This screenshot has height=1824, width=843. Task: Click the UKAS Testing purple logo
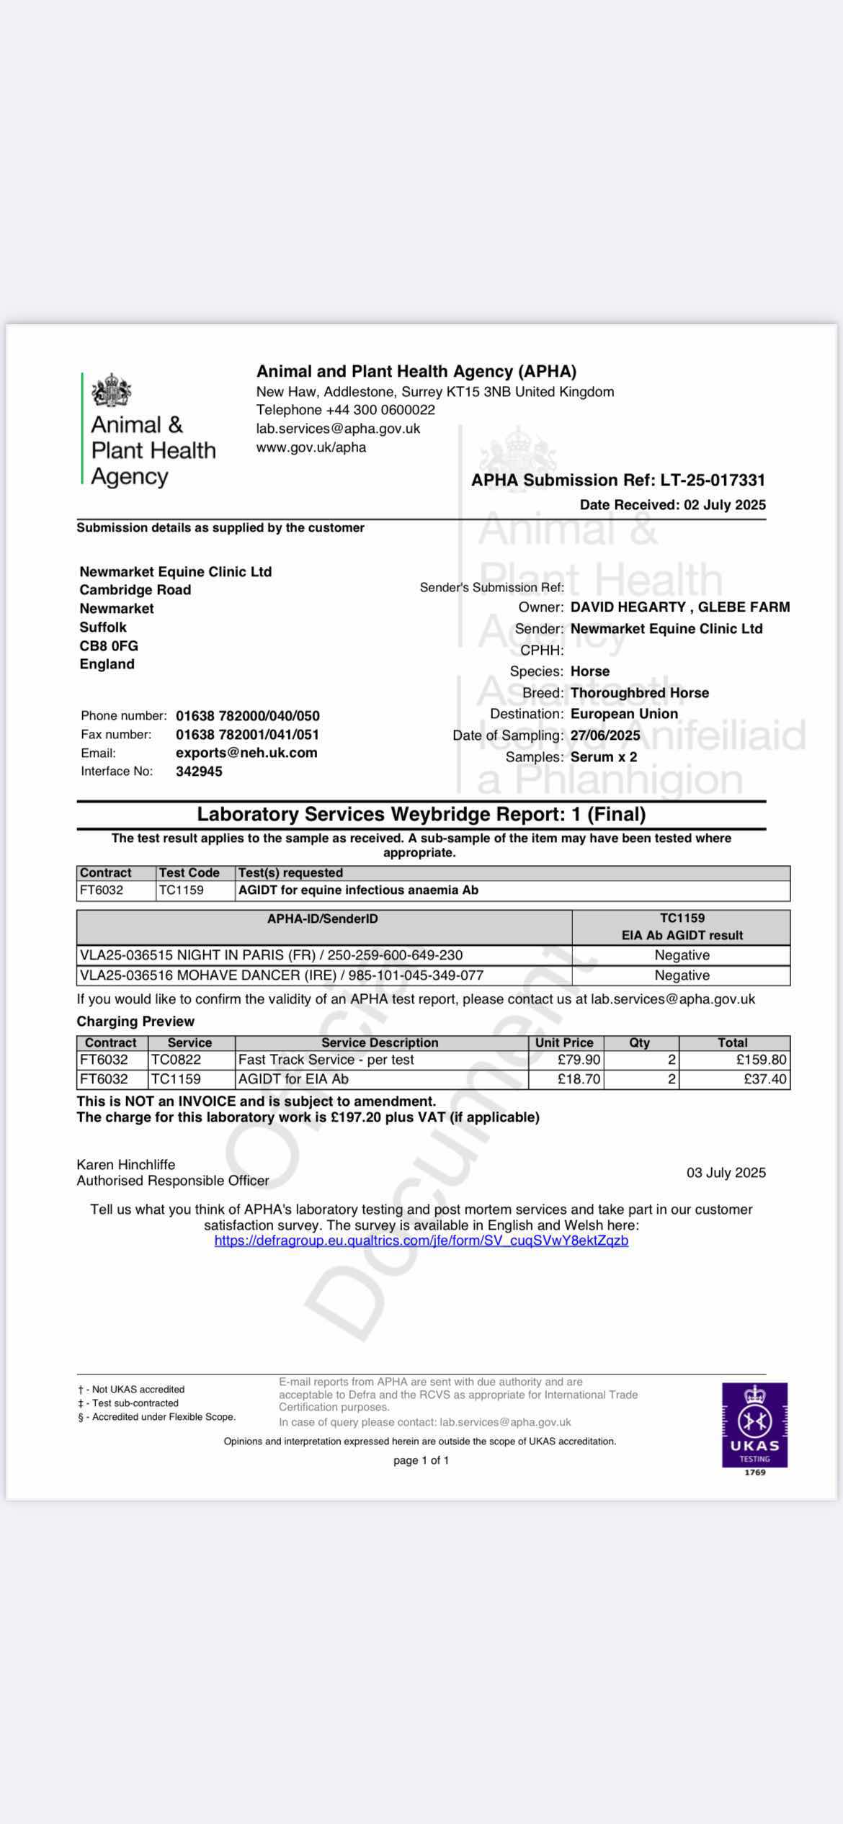coord(754,1424)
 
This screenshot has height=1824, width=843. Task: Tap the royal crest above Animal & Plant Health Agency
coord(112,390)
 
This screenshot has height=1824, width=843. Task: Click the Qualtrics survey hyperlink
coord(421,1240)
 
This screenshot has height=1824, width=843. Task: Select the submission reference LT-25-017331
coord(713,480)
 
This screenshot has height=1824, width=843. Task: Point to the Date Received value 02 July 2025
coord(725,505)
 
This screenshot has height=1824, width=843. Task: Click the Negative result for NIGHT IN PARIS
coord(682,955)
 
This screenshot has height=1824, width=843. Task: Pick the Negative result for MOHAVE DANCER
coord(682,975)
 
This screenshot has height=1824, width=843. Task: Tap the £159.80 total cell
coord(761,1060)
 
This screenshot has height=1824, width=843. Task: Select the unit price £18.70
coord(579,1079)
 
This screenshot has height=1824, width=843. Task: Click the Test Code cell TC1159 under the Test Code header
coord(182,890)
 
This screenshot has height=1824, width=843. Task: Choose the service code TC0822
coord(176,1060)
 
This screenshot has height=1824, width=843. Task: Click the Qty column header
coord(639,1042)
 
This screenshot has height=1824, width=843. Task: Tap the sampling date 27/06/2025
coord(605,736)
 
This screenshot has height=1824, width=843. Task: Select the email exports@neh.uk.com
coord(246,753)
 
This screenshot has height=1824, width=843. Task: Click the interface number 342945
coord(199,772)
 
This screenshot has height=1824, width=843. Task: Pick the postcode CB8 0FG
coord(109,646)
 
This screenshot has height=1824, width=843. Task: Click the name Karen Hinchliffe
coord(126,1164)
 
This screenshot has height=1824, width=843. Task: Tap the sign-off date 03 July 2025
coord(726,1173)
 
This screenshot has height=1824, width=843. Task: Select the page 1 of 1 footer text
coord(421,1460)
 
